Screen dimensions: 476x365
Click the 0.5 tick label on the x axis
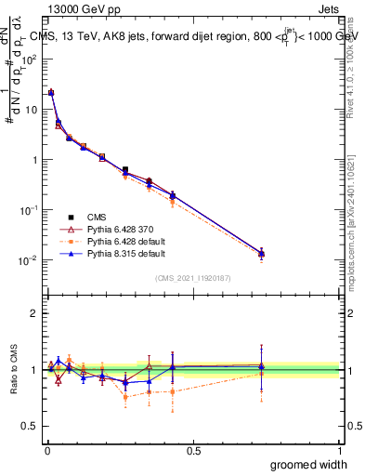[x=193, y=449]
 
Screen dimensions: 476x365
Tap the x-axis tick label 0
[x=46, y=449]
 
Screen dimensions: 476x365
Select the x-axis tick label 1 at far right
[x=339, y=449]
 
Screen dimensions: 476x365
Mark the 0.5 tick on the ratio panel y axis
[x=33, y=426]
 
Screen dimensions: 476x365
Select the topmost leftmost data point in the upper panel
[x=51, y=93]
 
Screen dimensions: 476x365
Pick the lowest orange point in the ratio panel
[x=125, y=397]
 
